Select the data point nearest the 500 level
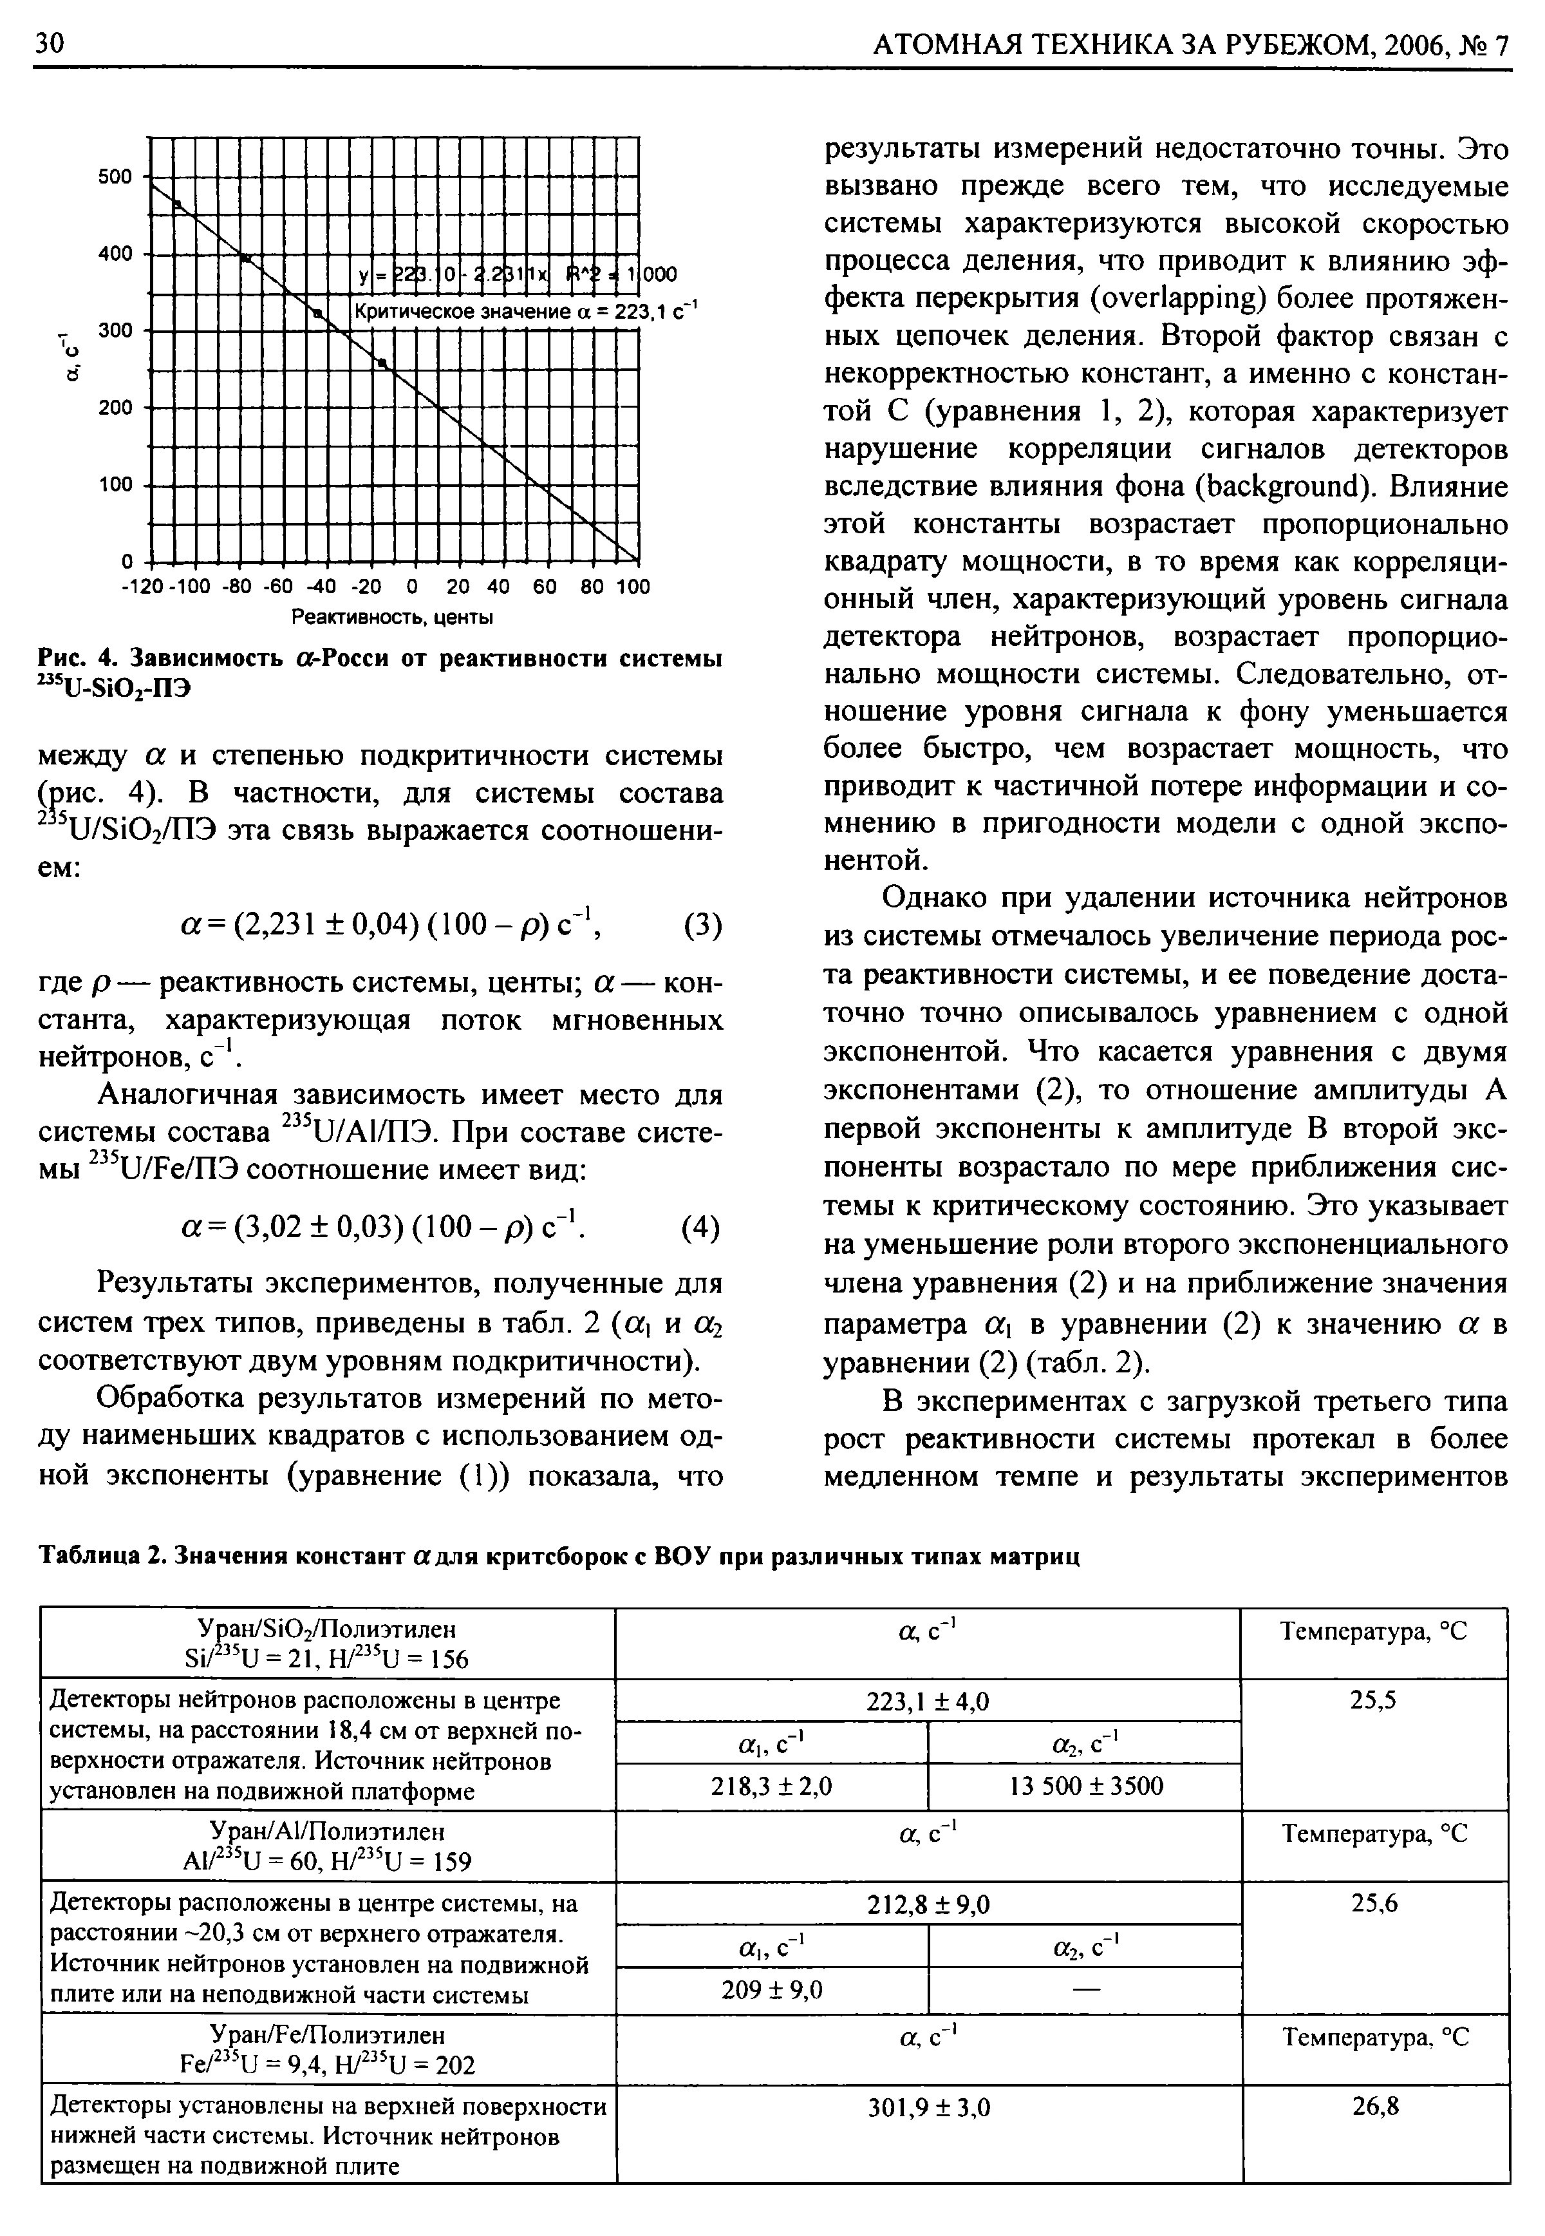(x=177, y=204)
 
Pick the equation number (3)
(x=702, y=926)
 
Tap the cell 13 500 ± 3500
(x=1085, y=1786)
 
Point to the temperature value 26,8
(x=1376, y=2107)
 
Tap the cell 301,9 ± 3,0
(x=930, y=2107)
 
